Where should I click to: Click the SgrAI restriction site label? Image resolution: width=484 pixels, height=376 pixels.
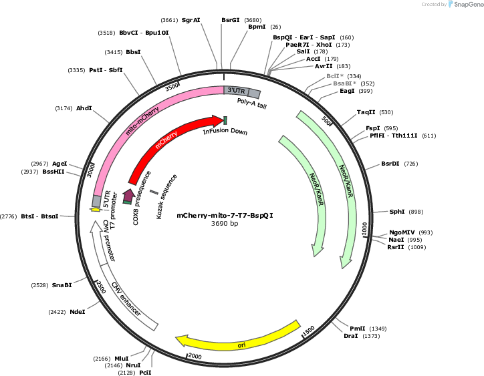(x=191, y=20)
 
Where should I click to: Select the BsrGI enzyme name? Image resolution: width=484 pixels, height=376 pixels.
(x=230, y=20)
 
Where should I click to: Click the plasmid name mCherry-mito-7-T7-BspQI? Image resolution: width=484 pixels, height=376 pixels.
(x=225, y=215)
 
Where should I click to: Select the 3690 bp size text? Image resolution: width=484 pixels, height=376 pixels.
(x=225, y=223)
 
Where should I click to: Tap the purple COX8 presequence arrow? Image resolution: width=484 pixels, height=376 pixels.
(x=128, y=196)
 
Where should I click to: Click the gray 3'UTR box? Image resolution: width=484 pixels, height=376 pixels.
(x=236, y=90)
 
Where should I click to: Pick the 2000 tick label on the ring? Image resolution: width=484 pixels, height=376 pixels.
(x=195, y=356)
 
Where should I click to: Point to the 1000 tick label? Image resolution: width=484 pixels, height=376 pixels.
(x=364, y=228)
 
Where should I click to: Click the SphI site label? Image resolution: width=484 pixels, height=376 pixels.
(x=396, y=212)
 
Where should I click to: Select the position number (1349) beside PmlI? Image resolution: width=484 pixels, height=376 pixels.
(x=378, y=329)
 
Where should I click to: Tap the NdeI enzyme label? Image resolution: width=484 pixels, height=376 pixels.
(x=78, y=312)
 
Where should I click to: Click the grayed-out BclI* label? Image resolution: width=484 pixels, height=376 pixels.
(x=335, y=76)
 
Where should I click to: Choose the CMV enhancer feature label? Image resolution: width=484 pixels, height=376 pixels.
(x=126, y=299)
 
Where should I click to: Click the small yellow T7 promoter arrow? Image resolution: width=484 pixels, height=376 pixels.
(x=96, y=210)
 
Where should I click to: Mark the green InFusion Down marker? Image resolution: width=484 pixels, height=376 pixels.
(x=225, y=121)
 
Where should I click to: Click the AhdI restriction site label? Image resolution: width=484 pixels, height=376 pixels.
(x=84, y=108)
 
